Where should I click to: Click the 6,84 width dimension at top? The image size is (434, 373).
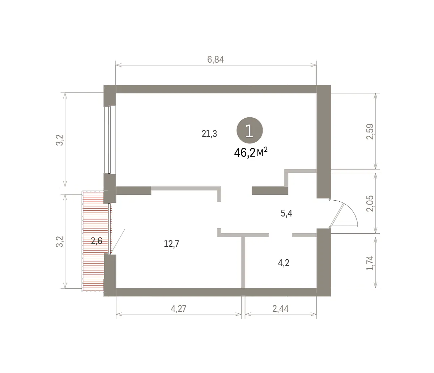[216, 59]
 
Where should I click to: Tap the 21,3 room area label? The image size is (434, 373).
[209, 134]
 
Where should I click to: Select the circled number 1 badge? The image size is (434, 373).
[250, 130]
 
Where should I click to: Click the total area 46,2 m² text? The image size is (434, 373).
[251, 152]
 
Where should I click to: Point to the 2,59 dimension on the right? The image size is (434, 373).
[370, 131]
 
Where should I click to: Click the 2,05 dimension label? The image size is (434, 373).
[370, 203]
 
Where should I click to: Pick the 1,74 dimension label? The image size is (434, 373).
[370, 263]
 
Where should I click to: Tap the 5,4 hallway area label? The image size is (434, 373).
[286, 213]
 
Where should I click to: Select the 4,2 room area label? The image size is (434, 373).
[284, 263]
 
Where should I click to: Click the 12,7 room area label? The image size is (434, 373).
[171, 244]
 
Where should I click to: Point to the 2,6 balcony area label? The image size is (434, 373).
[96, 241]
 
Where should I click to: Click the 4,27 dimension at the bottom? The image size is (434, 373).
[178, 309]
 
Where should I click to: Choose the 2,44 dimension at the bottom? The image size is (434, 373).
[281, 309]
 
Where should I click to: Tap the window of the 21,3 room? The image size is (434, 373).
[110, 140]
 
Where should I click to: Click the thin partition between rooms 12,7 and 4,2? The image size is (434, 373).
[243, 263]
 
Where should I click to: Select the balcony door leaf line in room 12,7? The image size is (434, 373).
[118, 242]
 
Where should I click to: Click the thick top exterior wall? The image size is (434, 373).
[216, 89]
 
